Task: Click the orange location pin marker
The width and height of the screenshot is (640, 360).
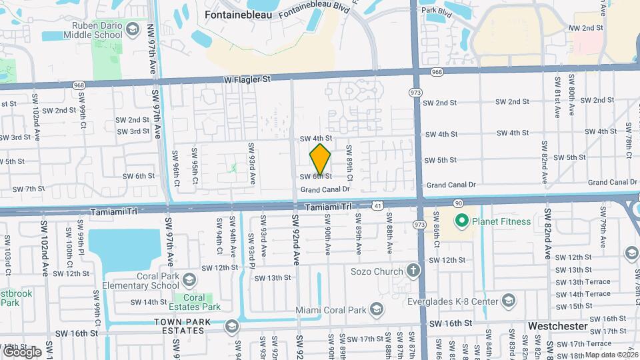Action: (321, 159)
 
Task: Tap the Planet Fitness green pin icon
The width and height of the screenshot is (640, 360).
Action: (461, 221)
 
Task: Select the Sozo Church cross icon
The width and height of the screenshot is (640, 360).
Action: (413, 271)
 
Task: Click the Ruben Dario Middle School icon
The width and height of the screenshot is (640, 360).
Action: (132, 29)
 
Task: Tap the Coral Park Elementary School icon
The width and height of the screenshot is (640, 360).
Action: (190, 278)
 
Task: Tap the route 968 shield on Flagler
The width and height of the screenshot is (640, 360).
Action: (437, 71)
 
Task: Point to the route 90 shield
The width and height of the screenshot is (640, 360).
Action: (457, 202)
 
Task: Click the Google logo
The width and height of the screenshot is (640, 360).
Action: (22, 351)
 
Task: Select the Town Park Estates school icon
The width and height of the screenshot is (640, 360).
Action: (231, 326)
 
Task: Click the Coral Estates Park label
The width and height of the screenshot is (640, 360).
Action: (193, 302)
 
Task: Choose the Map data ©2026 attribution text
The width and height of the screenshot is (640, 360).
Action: (611, 355)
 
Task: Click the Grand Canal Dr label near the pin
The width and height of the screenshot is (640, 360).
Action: (325, 189)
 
